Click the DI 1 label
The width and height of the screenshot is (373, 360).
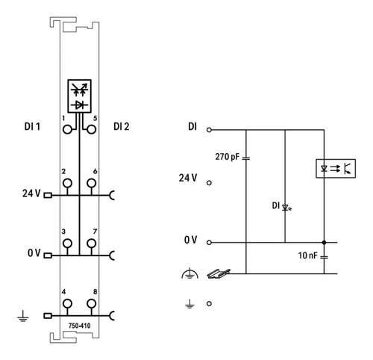click(32, 127)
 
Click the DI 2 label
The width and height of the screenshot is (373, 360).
click(122, 127)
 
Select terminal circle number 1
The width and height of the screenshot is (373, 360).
click(67, 130)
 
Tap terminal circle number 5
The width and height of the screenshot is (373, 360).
click(92, 130)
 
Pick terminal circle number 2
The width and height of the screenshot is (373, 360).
click(67, 183)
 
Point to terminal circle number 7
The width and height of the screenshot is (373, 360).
click(92, 243)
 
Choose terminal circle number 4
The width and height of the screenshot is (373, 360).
click(67, 304)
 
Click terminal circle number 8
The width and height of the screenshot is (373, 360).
click(92, 304)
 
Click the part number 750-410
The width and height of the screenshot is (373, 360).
click(79, 326)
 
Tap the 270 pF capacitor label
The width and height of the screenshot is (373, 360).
click(227, 157)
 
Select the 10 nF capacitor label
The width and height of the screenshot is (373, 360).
click(308, 255)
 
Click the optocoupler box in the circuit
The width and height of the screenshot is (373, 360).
click(336, 169)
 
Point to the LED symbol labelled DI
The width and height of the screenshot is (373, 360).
click(286, 207)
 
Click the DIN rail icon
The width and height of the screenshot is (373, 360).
click(219, 273)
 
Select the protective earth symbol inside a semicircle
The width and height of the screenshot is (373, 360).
click(189, 273)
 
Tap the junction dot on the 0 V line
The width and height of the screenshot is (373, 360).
click(324, 242)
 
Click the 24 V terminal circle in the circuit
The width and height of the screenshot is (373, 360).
click(209, 183)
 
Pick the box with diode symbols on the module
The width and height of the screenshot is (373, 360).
click(79, 96)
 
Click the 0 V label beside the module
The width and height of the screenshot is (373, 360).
click(34, 253)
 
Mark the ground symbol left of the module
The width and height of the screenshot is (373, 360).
click(23, 316)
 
